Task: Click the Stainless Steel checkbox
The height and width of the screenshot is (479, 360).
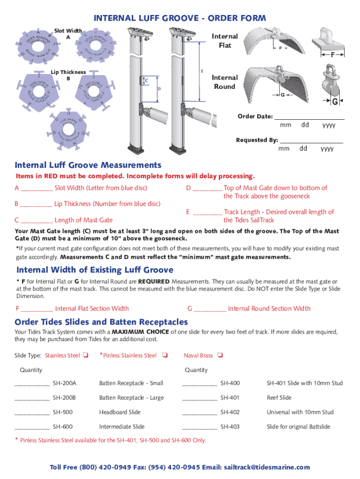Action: (86, 356)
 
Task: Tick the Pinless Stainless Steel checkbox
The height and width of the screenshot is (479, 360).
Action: (165, 356)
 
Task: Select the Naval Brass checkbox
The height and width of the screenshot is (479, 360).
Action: (220, 356)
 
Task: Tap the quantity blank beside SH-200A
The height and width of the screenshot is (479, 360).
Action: (32, 384)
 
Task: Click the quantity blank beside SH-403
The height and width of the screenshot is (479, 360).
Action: (199, 428)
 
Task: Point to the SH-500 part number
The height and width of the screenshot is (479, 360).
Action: (63, 412)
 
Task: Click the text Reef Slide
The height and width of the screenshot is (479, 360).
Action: (279, 398)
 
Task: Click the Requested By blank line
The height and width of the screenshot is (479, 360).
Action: (311, 141)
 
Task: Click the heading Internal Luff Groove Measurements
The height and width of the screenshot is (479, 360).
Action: (88, 165)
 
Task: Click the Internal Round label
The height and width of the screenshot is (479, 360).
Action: (225, 82)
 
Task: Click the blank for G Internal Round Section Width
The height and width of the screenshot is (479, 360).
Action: (210, 309)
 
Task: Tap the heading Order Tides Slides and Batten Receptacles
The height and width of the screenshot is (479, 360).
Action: (101, 322)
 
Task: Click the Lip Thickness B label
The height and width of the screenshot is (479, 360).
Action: (68, 75)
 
